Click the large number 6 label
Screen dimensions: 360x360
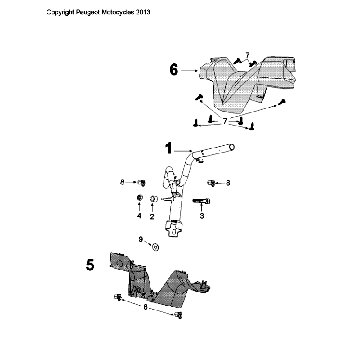pyautogui.click(x=174, y=70)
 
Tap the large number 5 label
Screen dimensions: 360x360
pyautogui.click(x=90, y=266)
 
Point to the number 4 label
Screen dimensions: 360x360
pyautogui.click(x=139, y=215)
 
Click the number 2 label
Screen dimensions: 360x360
pyautogui.click(x=152, y=215)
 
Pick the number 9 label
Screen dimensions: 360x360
pyautogui.click(x=142, y=240)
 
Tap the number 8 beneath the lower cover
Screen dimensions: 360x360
pyautogui.click(x=147, y=311)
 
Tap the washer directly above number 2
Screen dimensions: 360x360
pyautogui.click(x=152, y=200)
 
